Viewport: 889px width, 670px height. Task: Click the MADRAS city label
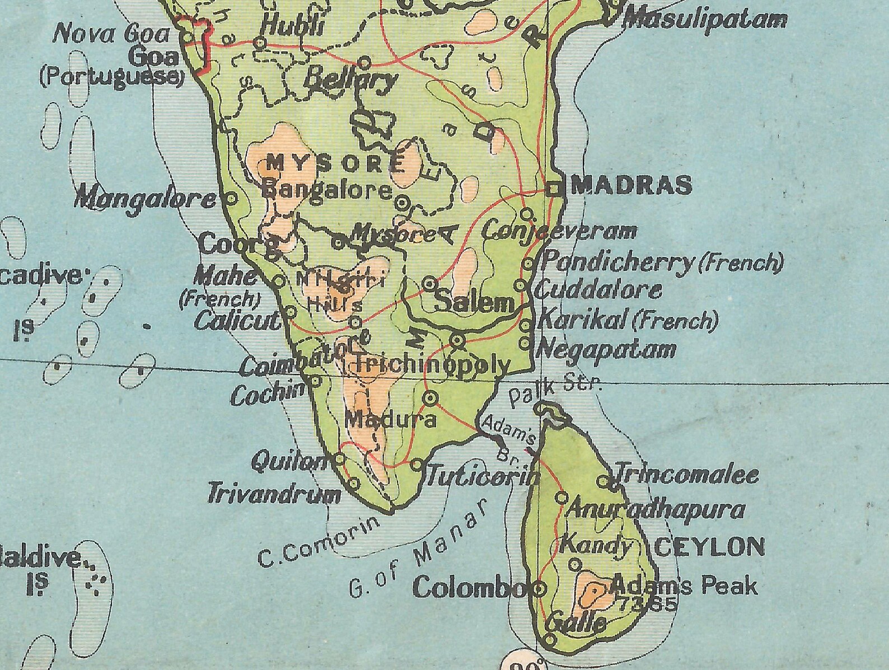pos(630,185)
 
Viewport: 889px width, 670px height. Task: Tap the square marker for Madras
pos(555,189)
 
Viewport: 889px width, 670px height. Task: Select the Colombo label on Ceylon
pos(468,588)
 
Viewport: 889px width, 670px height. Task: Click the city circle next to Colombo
pos(540,588)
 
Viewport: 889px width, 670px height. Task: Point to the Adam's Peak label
pos(684,587)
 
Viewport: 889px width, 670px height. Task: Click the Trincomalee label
pos(686,475)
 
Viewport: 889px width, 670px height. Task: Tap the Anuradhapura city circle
pos(562,498)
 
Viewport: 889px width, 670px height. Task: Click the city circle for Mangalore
pos(231,198)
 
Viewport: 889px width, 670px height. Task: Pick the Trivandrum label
pos(274,495)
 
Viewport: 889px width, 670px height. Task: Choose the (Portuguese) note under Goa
pos(111,77)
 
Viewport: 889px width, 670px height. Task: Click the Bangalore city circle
pos(403,202)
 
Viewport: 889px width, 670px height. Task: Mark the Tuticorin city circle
pos(417,464)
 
